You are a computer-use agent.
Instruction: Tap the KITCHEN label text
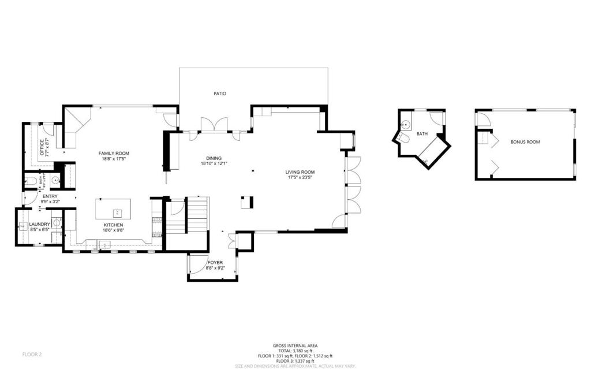pos(113,225)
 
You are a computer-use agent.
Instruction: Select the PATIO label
pos(219,93)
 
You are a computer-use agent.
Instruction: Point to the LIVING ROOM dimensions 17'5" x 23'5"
pos(300,178)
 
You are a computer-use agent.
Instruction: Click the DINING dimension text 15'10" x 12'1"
pos(214,164)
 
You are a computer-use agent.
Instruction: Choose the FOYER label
pos(215,262)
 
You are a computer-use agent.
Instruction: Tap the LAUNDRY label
pos(40,224)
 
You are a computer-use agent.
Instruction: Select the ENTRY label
pos(50,196)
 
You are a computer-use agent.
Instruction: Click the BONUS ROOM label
pos(525,141)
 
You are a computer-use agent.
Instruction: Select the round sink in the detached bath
pos(406,124)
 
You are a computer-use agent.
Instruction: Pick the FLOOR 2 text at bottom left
pos(32,353)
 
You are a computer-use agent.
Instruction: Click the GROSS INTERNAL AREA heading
pos(295,345)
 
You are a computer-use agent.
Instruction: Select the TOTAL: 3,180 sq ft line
pos(295,351)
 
